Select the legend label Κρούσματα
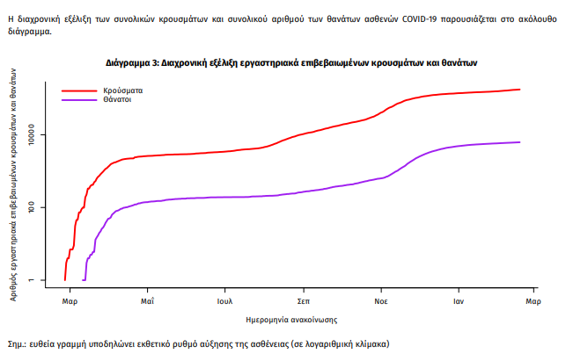click(122, 90)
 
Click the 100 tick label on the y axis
click(40, 207)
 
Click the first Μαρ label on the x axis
click(70, 301)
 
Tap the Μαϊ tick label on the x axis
click(148, 301)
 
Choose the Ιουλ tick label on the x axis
click(225, 301)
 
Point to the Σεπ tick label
click(303, 301)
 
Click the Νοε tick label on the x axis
click(381, 301)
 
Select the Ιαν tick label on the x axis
click(459, 301)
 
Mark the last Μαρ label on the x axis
click(533, 301)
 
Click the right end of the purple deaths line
click(520, 142)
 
